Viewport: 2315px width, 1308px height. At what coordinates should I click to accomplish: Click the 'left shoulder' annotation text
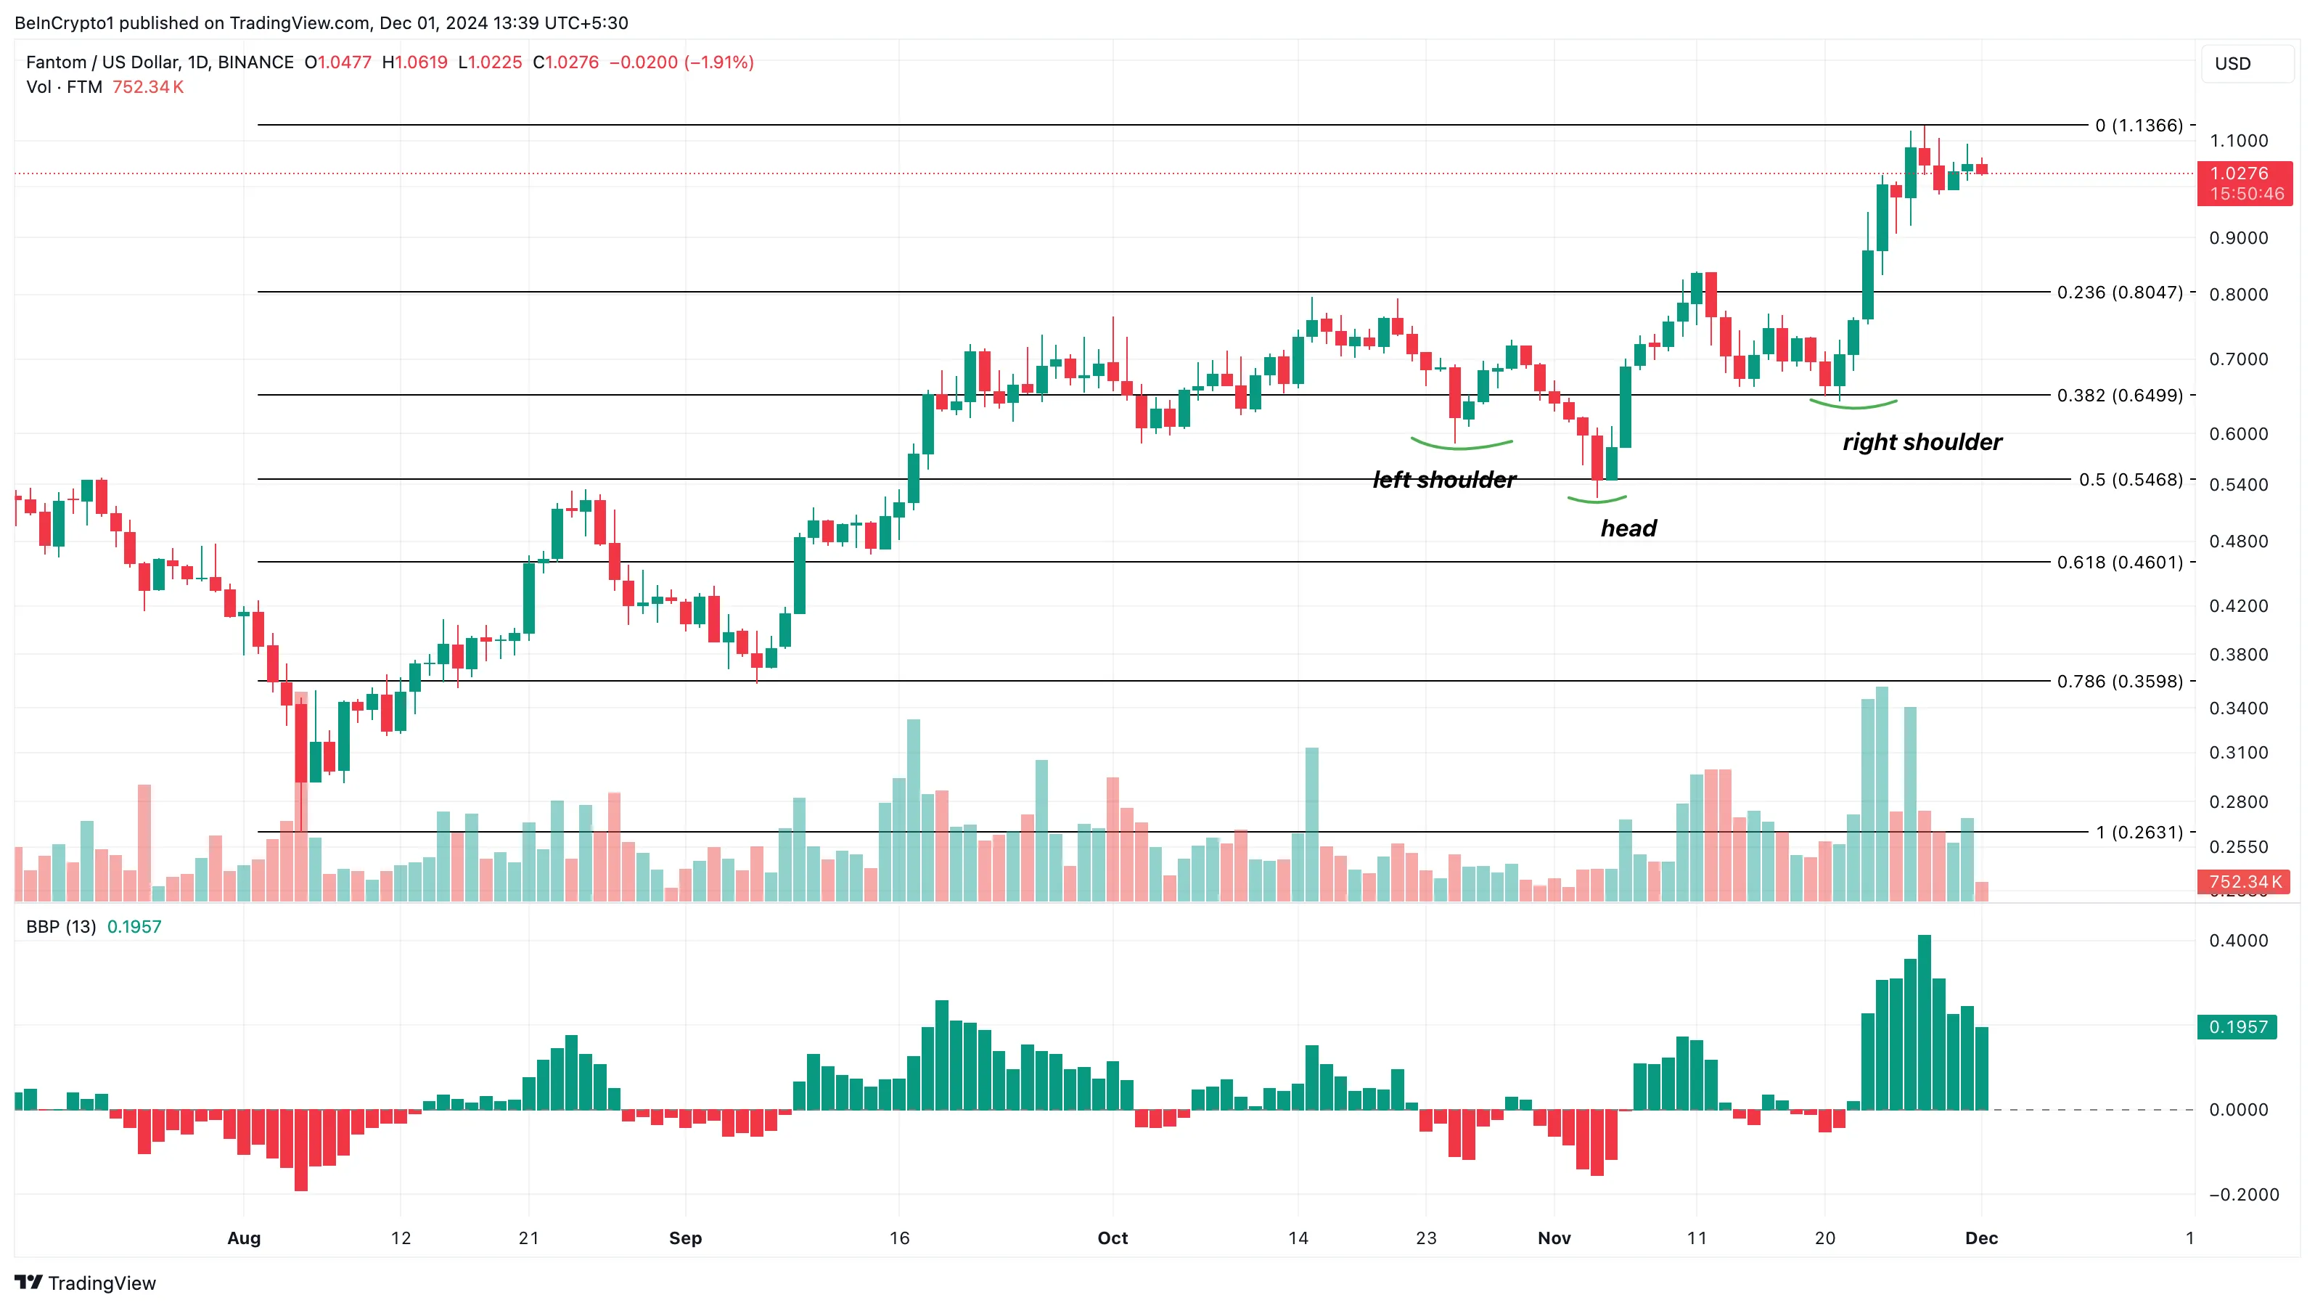click(x=1443, y=480)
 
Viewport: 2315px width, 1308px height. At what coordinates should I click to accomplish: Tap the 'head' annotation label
click(x=1628, y=528)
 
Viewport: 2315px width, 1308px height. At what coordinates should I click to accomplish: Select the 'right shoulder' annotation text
click(x=1922, y=442)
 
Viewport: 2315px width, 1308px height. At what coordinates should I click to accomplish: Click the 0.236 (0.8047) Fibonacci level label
click(x=2119, y=293)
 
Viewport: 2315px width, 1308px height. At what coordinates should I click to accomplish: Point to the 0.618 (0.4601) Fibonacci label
click(x=2119, y=562)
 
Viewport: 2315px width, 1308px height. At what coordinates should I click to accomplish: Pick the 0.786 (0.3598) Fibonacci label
click(x=2119, y=682)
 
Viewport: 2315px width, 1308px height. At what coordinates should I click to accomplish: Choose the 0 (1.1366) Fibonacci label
click(x=2138, y=125)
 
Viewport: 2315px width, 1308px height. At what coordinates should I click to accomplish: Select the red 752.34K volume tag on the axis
click(x=2243, y=882)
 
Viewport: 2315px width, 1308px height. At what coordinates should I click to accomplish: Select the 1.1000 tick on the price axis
click(x=2238, y=141)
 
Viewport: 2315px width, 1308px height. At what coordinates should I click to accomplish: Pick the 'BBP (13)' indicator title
click(x=61, y=927)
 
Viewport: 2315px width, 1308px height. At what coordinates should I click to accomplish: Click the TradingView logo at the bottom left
click(x=86, y=1283)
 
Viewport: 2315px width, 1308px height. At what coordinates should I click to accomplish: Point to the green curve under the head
click(x=1597, y=499)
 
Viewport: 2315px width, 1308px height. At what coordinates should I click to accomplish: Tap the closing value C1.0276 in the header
click(x=565, y=62)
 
